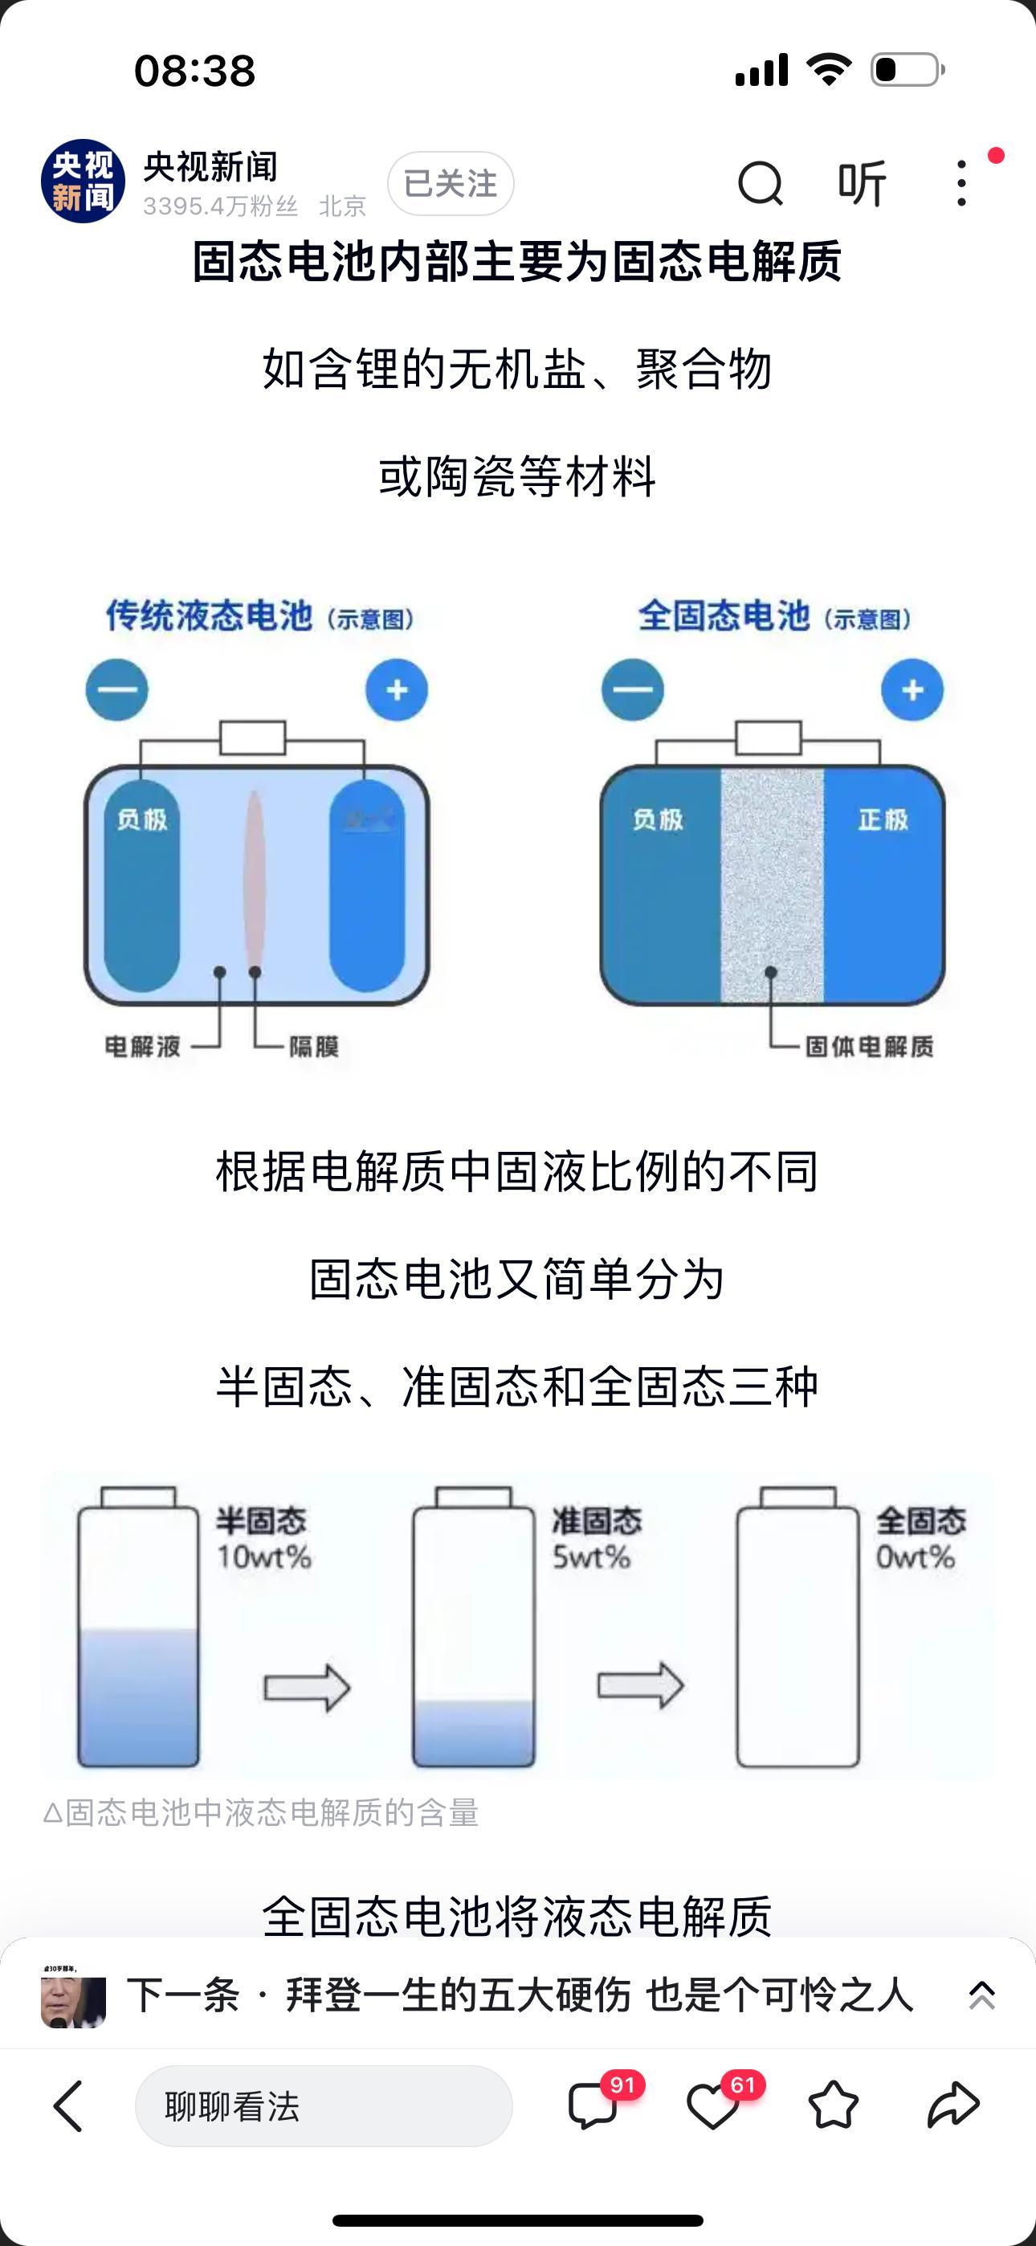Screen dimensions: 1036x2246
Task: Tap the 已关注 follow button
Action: tap(450, 183)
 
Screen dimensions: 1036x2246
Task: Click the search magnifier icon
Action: tap(761, 183)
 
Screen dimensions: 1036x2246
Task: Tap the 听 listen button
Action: tap(862, 183)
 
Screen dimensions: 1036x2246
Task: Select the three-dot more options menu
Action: tap(961, 183)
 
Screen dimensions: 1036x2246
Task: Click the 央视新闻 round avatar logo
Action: tap(83, 182)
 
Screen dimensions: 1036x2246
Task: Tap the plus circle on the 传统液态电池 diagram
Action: tap(397, 691)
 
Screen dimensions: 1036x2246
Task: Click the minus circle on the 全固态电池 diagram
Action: tap(632, 691)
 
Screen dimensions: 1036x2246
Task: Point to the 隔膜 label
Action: tap(314, 1046)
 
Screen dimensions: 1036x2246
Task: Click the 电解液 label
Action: tap(142, 1046)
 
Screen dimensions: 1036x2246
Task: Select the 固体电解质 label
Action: tap(869, 1046)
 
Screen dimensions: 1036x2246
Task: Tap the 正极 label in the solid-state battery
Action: tap(883, 819)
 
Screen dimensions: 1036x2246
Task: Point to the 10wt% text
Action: tap(264, 1558)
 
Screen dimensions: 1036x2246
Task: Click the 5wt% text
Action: tap(591, 1558)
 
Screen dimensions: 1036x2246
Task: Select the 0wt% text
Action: tap(915, 1558)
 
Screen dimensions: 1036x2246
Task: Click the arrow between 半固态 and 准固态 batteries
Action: tap(307, 1687)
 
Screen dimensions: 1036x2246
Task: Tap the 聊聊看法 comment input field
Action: tap(323, 2106)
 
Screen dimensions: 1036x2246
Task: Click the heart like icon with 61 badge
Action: tap(713, 2106)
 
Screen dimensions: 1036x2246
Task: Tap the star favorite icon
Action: tap(833, 2106)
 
